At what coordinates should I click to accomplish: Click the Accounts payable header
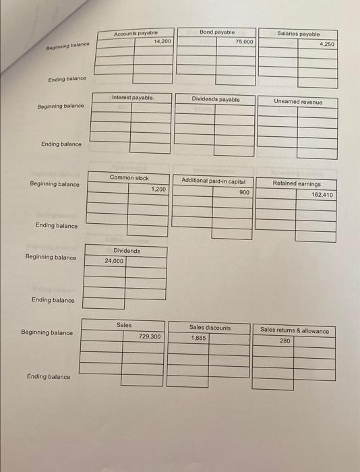point(136,32)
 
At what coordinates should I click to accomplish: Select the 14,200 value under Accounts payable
point(162,41)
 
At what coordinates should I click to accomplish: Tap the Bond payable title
point(217,32)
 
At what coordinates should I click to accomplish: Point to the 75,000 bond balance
point(244,41)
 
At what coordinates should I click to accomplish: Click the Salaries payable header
point(299,34)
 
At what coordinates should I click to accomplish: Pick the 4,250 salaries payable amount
point(326,44)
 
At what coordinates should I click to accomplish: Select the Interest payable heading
point(132,98)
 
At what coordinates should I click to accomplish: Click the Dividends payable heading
point(215,99)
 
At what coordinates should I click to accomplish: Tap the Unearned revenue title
point(298,102)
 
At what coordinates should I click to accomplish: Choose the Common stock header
point(129,178)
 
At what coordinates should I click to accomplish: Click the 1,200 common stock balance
point(158,189)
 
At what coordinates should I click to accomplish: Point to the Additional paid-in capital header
point(213,181)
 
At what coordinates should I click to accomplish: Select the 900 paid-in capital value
point(244,192)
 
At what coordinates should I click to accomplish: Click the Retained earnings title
point(297,183)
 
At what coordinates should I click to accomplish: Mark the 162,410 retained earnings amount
point(322,194)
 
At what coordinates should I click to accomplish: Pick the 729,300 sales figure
point(150,336)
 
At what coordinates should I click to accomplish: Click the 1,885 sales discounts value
point(198,338)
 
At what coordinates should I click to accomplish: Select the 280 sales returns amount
point(284,341)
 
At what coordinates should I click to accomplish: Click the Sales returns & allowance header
point(295,330)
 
